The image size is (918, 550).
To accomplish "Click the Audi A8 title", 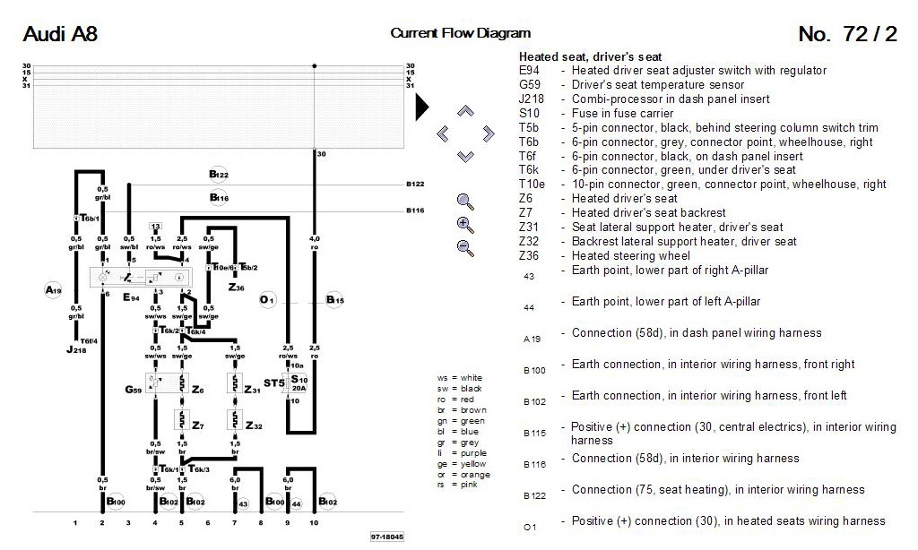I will click(59, 35).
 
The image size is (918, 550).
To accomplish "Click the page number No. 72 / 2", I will click(847, 35).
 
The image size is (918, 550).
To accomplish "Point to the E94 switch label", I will click(130, 296).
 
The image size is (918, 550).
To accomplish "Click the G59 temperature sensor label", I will click(134, 390).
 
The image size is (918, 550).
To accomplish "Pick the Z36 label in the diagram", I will click(236, 288).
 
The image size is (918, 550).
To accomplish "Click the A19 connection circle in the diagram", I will click(53, 290).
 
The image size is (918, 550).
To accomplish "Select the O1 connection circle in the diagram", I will click(266, 299).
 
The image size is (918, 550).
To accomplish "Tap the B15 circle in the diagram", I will click(334, 299).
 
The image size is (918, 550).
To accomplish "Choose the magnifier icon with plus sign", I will click(464, 225).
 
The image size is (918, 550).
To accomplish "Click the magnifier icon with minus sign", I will click(464, 248).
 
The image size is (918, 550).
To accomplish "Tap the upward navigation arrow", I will click(464, 112).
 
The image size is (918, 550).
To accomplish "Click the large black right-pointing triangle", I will click(421, 107).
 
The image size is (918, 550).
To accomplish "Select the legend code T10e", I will click(532, 185).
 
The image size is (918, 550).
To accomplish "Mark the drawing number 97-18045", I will click(386, 537).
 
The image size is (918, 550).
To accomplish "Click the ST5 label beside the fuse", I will click(274, 383).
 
